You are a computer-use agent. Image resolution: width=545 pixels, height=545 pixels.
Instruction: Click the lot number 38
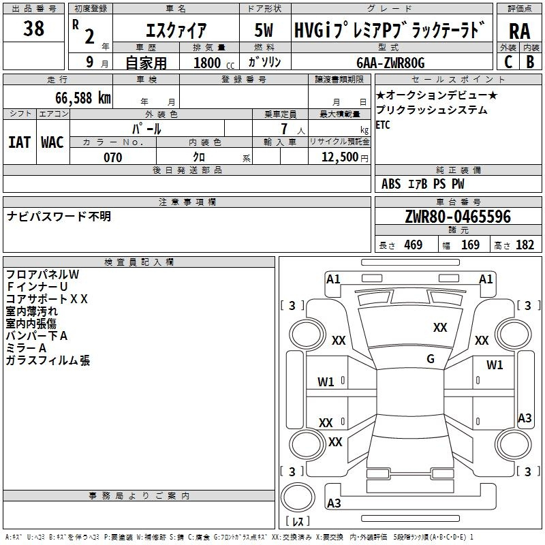[x=33, y=29]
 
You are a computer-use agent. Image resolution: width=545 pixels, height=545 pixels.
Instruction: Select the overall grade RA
[x=519, y=31]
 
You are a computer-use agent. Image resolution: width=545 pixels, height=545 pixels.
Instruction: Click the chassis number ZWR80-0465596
[x=458, y=217]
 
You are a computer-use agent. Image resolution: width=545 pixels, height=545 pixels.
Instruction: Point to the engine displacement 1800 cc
[x=211, y=63]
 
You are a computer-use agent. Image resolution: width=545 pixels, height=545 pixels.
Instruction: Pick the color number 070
[x=112, y=157]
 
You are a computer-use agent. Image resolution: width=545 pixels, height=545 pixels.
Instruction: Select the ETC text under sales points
[x=383, y=125]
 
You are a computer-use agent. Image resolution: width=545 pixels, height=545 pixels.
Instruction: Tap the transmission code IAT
[x=19, y=142]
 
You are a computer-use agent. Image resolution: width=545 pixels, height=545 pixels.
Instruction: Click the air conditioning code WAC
[x=52, y=142]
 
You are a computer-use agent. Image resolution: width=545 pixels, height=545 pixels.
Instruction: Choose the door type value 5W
[x=264, y=31]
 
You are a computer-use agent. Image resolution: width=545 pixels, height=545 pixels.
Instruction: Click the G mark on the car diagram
[x=430, y=358]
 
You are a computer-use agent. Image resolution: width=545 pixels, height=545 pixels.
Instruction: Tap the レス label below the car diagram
[x=298, y=522]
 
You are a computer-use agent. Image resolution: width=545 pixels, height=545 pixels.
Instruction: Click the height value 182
[x=525, y=245]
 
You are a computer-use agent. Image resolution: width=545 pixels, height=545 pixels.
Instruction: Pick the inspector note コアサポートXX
[x=46, y=298]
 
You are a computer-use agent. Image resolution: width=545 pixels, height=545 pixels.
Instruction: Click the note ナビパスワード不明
[x=59, y=217]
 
